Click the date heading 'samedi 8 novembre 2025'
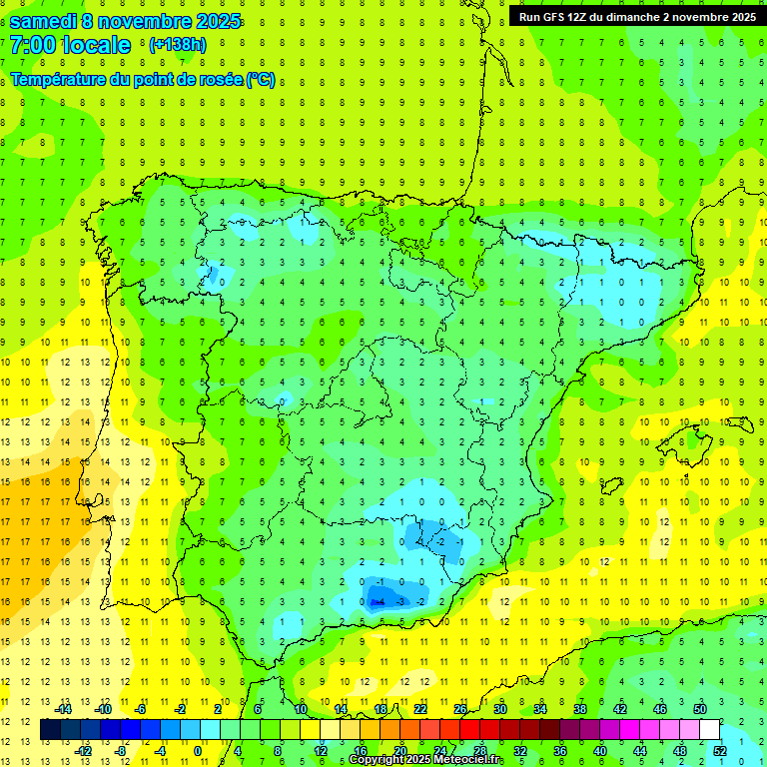[x=125, y=21]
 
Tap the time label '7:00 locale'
[x=70, y=45]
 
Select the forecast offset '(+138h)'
[x=177, y=45]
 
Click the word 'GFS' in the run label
[x=560, y=17]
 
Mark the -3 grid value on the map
[x=399, y=601]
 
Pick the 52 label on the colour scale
[x=720, y=750]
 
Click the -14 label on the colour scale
[x=62, y=709]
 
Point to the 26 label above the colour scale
[x=460, y=709]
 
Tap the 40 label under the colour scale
[x=600, y=750]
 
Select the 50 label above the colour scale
[x=700, y=709]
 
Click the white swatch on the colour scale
[x=710, y=730]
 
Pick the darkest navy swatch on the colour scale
[x=51, y=730]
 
